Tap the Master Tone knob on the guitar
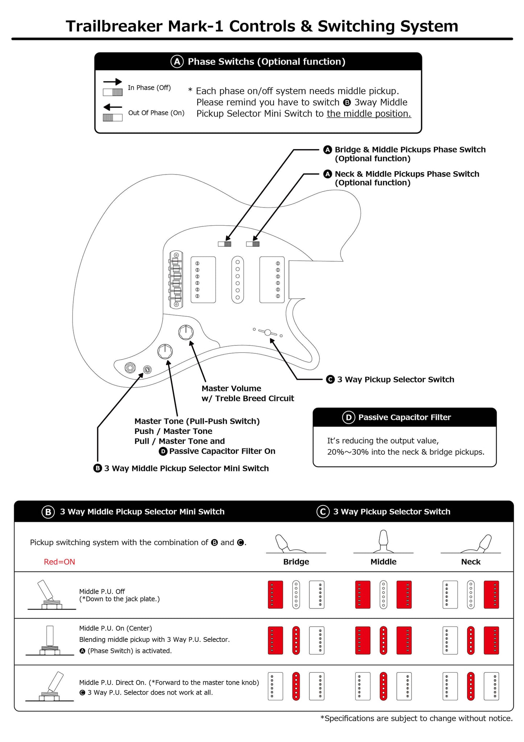click(x=165, y=351)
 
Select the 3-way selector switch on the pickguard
click(x=268, y=332)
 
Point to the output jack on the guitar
click(x=130, y=368)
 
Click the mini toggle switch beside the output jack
click(x=147, y=370)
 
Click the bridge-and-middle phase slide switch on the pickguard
click(x=224, y=244)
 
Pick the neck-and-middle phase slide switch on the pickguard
click(x=253, y=244)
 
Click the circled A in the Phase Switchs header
click(x=177, y=62)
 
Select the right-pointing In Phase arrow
click(x=112, y=82)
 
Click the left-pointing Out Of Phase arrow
click(x=112, y=107)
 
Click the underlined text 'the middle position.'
click(x=369, y=114)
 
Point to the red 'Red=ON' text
click(x=59, y=562)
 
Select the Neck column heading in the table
click(x=471, y=562)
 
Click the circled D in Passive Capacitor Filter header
click(x=348, y=418)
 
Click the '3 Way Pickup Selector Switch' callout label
click(x=395, y=380)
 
